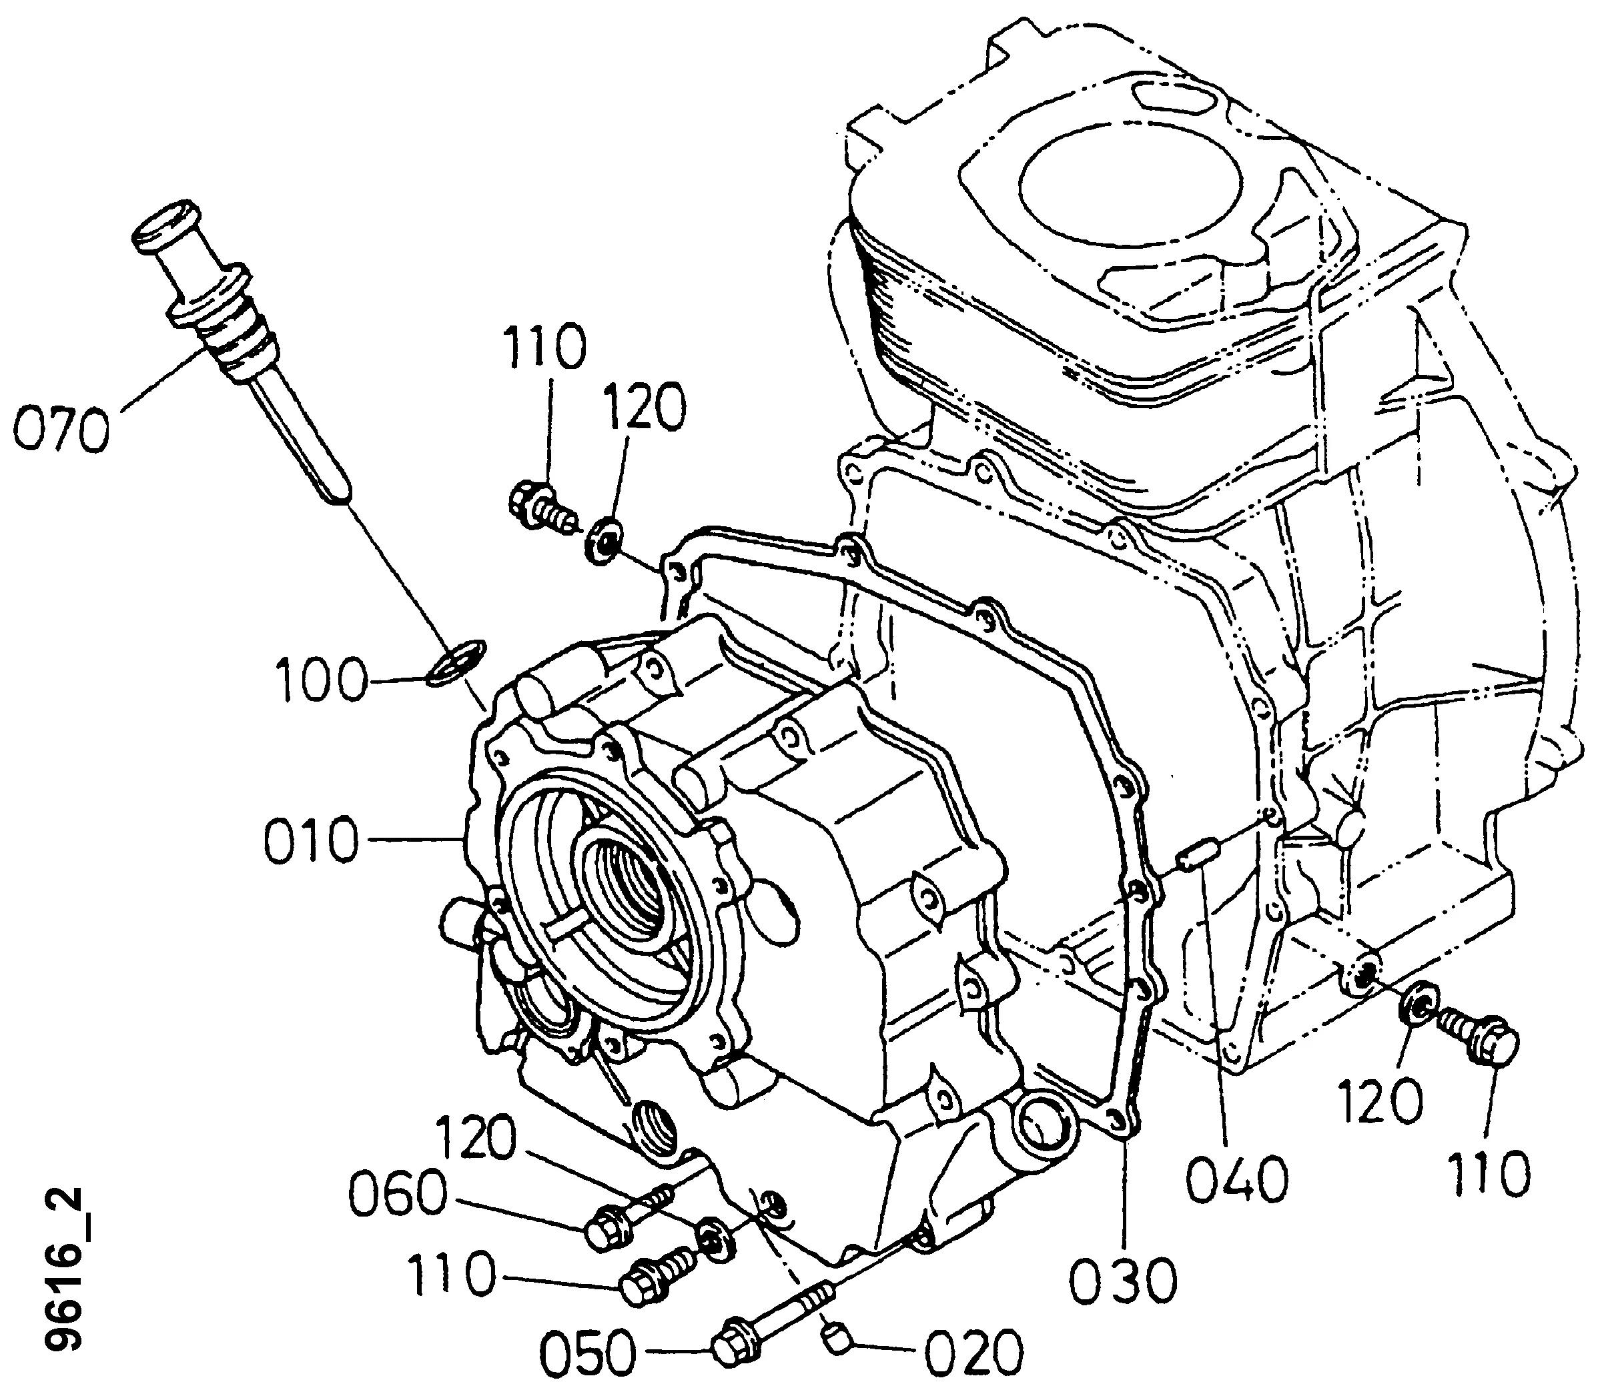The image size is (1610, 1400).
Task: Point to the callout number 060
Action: pyautogui.click(x=397, y=1196)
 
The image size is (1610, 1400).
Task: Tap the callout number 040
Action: pyautogui.click(x=1237, y=1179)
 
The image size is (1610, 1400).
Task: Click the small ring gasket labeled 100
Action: pyautogui.click(x=457, y=660)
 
